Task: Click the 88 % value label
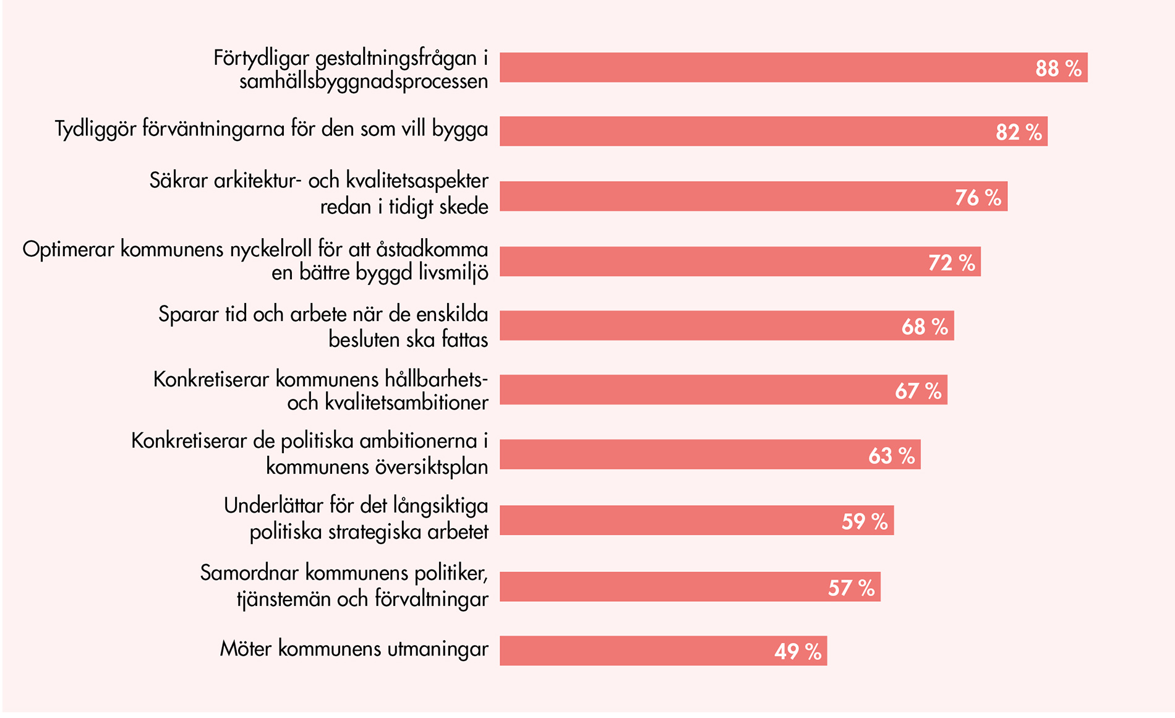click(1058, 68)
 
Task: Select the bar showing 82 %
click(773, 131)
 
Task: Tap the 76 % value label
click(978, 197)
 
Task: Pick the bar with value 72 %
click(740, 262)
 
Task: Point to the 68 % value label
click(925, 327)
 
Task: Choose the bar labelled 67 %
click(723, 390)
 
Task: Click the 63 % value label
click(891, 456)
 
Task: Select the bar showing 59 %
click(696, 520)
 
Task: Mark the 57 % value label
click(851, 588)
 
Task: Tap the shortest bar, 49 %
click(663, 651)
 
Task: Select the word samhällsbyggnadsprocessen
click(364, 82)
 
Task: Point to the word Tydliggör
click(95, 129)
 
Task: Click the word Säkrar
click(179, 181)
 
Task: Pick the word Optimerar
click(69, 249)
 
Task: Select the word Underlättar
click(273, 506)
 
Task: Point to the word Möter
click(246, 649)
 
